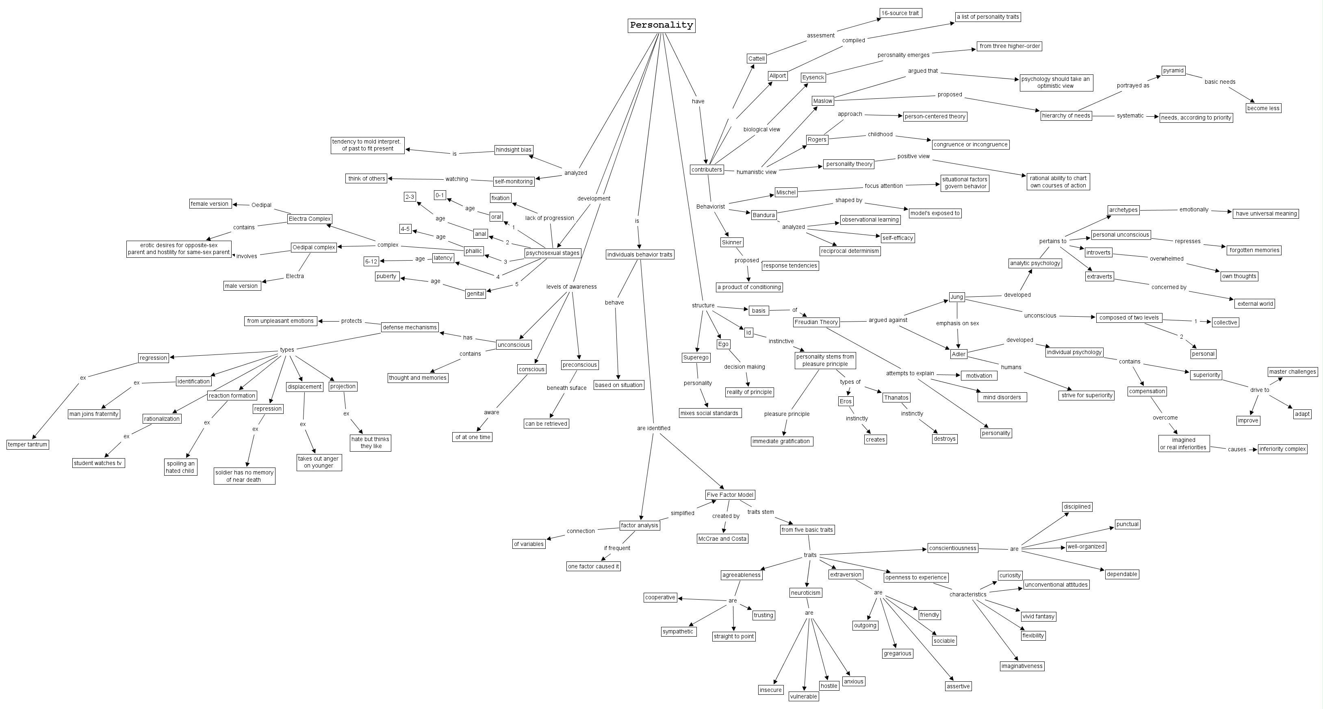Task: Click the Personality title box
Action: click(x=661, y=25)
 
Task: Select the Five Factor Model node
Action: click(x=730, y=495)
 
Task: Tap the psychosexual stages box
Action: click(x=553, y=253)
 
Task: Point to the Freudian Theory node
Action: click(x=816, y=322)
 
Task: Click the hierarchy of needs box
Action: click(x=1066, y=115)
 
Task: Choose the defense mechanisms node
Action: click(x=409, y=327)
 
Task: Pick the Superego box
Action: click(x=696, y=358)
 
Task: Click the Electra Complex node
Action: click(x=310, y=219)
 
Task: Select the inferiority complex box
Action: click(x=1282, y=449)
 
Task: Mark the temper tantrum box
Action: click(x=28, y=444)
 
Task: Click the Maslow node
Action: click(x=822, y=101)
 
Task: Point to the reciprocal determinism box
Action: click(x=850, y=251)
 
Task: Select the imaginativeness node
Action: click(x=1022, y=666)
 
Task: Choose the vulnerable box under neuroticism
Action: click(x=803, y=697)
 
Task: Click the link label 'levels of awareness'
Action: click(x=571, y=287)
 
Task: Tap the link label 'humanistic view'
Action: click(x=757, y=172)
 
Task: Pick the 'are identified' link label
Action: click(x=653, y=428)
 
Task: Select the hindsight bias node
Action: click(x=514, y=150)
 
